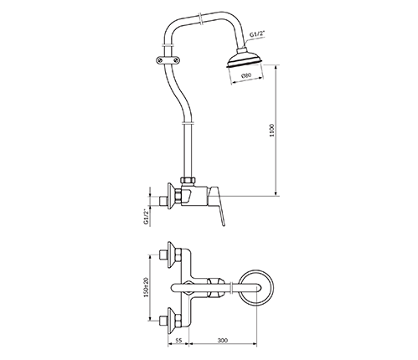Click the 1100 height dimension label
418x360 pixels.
click(272, 130)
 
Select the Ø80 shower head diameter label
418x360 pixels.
click(246, 75)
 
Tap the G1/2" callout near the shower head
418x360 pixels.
click(257, 35)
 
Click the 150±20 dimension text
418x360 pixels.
click(145, 287)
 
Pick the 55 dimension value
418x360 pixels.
click(178, 340)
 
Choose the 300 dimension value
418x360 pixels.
click(223, 340)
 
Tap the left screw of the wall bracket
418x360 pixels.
click(159, 59)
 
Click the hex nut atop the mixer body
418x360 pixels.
click(188, 180)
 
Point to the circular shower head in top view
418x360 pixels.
click(256, 287)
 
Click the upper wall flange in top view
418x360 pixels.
click(171, 255)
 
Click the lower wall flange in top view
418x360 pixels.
click(171, 321)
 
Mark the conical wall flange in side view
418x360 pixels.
click(171, 197)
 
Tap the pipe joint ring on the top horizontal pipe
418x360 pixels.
click(200, 18)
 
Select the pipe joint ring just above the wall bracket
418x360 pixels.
click(167, 45)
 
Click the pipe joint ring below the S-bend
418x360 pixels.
click(188, 122)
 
